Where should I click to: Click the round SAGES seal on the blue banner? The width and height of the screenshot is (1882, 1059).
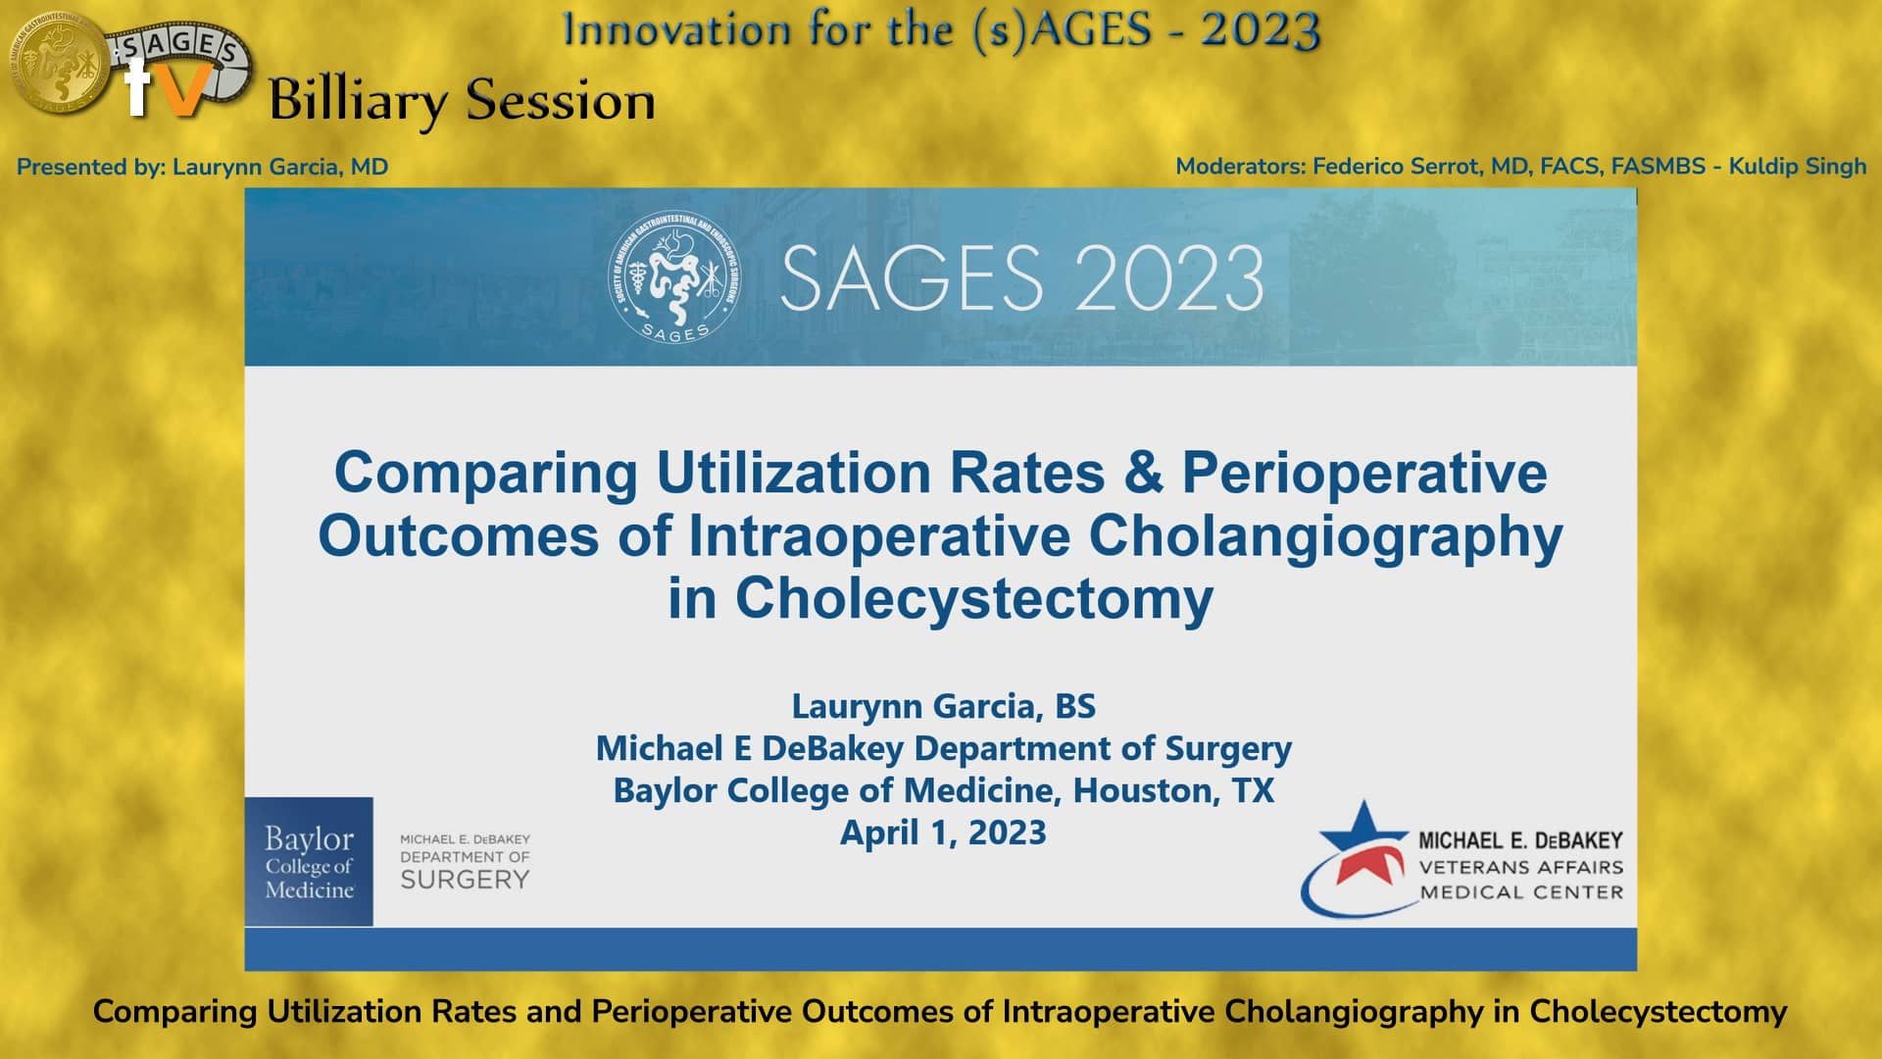pos(674,277)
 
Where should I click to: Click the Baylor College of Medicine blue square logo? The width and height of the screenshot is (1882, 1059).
pos(309,862)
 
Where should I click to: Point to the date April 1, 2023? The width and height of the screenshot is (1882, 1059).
pos(943,832)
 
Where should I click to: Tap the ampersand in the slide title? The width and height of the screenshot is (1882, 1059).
pos(1143,473)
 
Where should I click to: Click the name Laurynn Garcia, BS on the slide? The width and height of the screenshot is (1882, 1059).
pos(943,706)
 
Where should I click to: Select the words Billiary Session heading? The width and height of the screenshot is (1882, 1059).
pos(462,101)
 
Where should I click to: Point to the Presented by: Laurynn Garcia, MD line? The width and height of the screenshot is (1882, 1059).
pos(202,167)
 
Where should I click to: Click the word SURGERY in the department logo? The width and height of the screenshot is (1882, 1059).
pos(465,881)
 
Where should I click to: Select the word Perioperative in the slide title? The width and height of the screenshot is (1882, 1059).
pos(1364,473)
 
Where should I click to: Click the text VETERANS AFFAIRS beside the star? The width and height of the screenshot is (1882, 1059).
pos(1520,867)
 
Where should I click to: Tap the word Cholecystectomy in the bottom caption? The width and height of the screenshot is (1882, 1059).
pos(1659,1012)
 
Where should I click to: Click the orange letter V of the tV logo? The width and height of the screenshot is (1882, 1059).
pos(185,91)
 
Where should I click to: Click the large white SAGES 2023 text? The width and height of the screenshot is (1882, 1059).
pos(1021,278)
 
